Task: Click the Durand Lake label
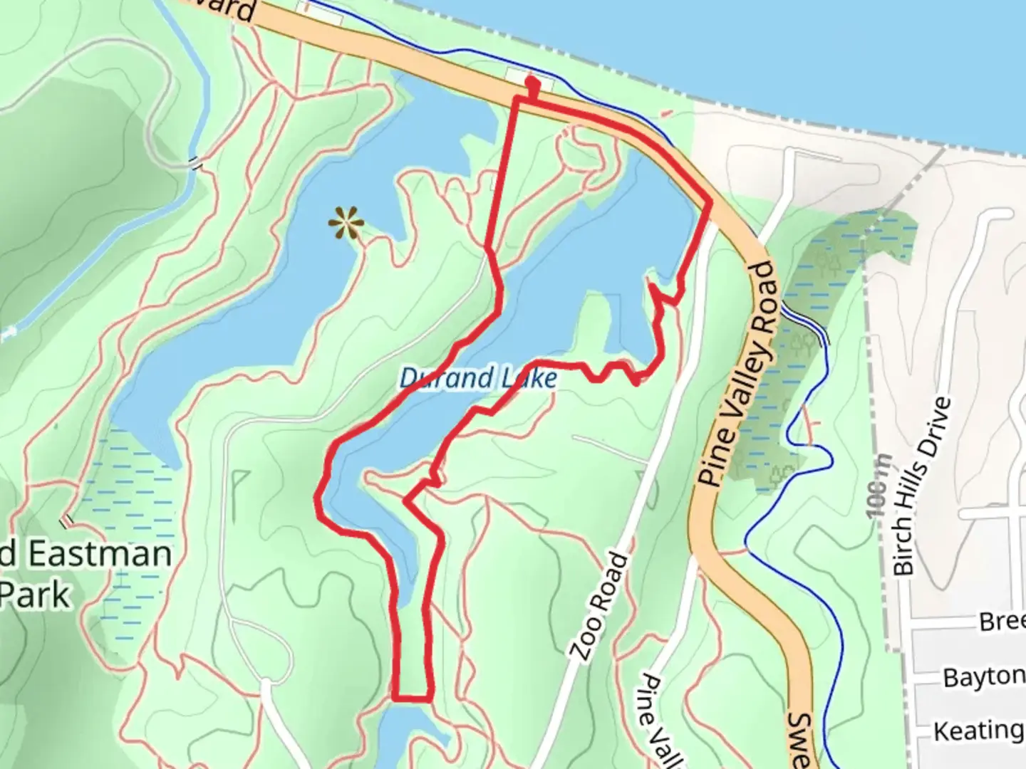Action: click(x=478, y=377)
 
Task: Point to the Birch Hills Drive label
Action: click(x=922, y=486)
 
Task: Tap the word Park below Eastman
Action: click(x=36, y=595)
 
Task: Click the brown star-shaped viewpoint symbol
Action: click(x=346, y=224)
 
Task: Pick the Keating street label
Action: click(x=978, y=731)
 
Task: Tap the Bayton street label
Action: click(x=983, y=676)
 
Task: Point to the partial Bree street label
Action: click(x=1002, y=621)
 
